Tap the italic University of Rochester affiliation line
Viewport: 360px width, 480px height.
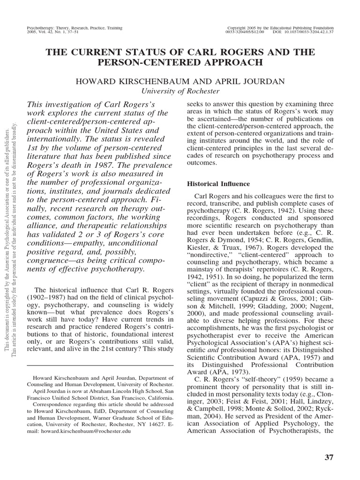[x=180, y=90]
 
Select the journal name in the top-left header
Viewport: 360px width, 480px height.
[x=75, y=28]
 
